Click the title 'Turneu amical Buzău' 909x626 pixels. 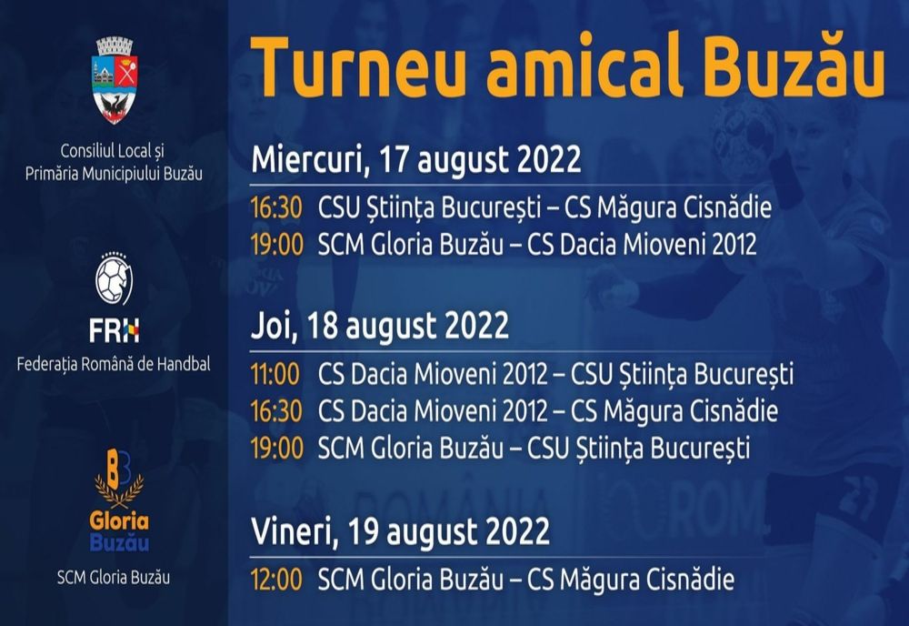(567, 66)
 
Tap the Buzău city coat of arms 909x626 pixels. (115, 80)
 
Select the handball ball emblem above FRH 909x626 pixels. (115, 279)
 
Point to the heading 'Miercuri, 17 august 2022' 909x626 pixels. (415, 159)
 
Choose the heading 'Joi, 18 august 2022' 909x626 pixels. (380, 326)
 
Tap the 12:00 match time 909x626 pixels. (275, 579)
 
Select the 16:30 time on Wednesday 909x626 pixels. (275, 207)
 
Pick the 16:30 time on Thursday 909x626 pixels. (275, 410)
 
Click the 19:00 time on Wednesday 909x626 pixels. (275, 244)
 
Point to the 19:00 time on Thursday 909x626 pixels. (275, 448)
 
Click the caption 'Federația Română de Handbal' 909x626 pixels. (114, 365)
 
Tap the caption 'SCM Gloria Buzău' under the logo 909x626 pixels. (114, 577)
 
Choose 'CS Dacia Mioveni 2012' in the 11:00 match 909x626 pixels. (433, 373)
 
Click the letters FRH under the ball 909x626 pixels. (115, 332)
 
